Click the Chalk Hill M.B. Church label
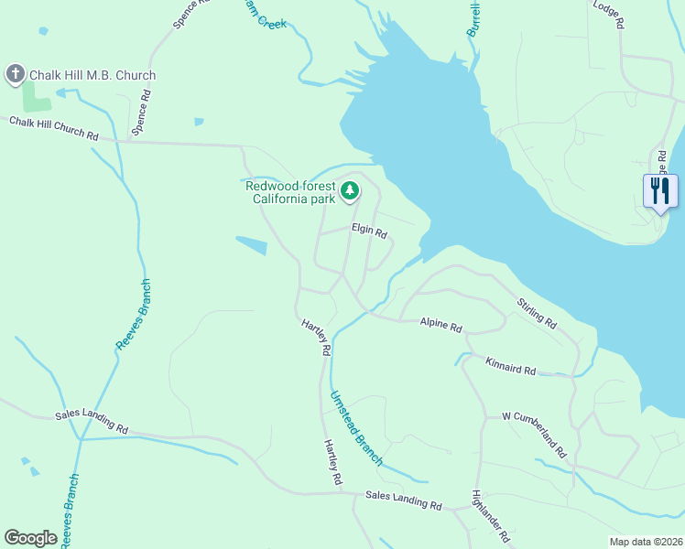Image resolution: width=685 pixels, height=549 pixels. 92,75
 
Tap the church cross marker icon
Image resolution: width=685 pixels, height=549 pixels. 15,74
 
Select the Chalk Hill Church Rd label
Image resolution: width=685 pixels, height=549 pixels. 54,128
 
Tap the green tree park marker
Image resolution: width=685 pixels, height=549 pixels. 349,191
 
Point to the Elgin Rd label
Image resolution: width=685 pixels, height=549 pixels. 369,231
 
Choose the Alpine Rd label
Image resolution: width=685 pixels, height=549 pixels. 441,326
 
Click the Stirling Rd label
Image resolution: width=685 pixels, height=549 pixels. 537,313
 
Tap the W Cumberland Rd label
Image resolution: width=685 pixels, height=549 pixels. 535,434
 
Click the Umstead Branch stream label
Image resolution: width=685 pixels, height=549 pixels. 355,427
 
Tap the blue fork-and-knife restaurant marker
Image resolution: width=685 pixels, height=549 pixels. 660,191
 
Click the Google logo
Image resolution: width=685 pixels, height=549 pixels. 30,538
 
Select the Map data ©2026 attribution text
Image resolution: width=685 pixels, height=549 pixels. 645,542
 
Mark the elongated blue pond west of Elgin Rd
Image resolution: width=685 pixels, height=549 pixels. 251,245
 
